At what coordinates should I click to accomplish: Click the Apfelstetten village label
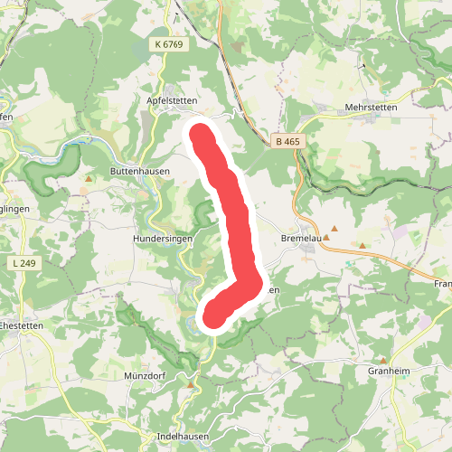tap(171, 100)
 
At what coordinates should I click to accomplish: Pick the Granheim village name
tap(390, 371)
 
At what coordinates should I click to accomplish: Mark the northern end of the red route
tap(200, 136)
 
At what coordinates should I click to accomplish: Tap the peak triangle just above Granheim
tap(382, 360)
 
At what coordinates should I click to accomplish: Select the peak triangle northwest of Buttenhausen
tap(89, 179)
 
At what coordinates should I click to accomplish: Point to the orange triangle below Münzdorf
tap(191, 384)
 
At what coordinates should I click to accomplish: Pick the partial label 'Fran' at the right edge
tap(442, 284)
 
